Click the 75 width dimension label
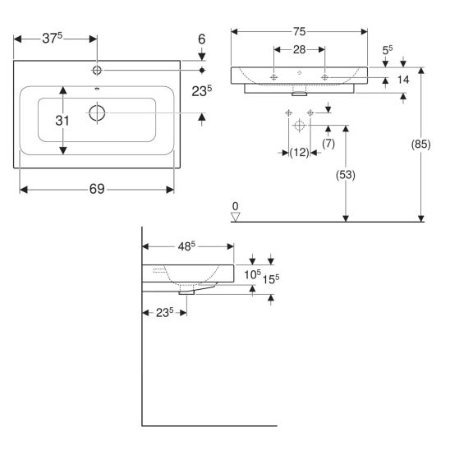point(299,31)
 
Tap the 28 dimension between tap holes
point(299,50)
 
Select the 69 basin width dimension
point(97,189)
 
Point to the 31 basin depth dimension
point(62,121)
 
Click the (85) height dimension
point(420,145)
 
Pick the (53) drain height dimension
point(346,175)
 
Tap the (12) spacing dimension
point(300,153)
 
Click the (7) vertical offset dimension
point(328,144)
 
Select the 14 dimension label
point(403,80)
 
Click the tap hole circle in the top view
point(97,70)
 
